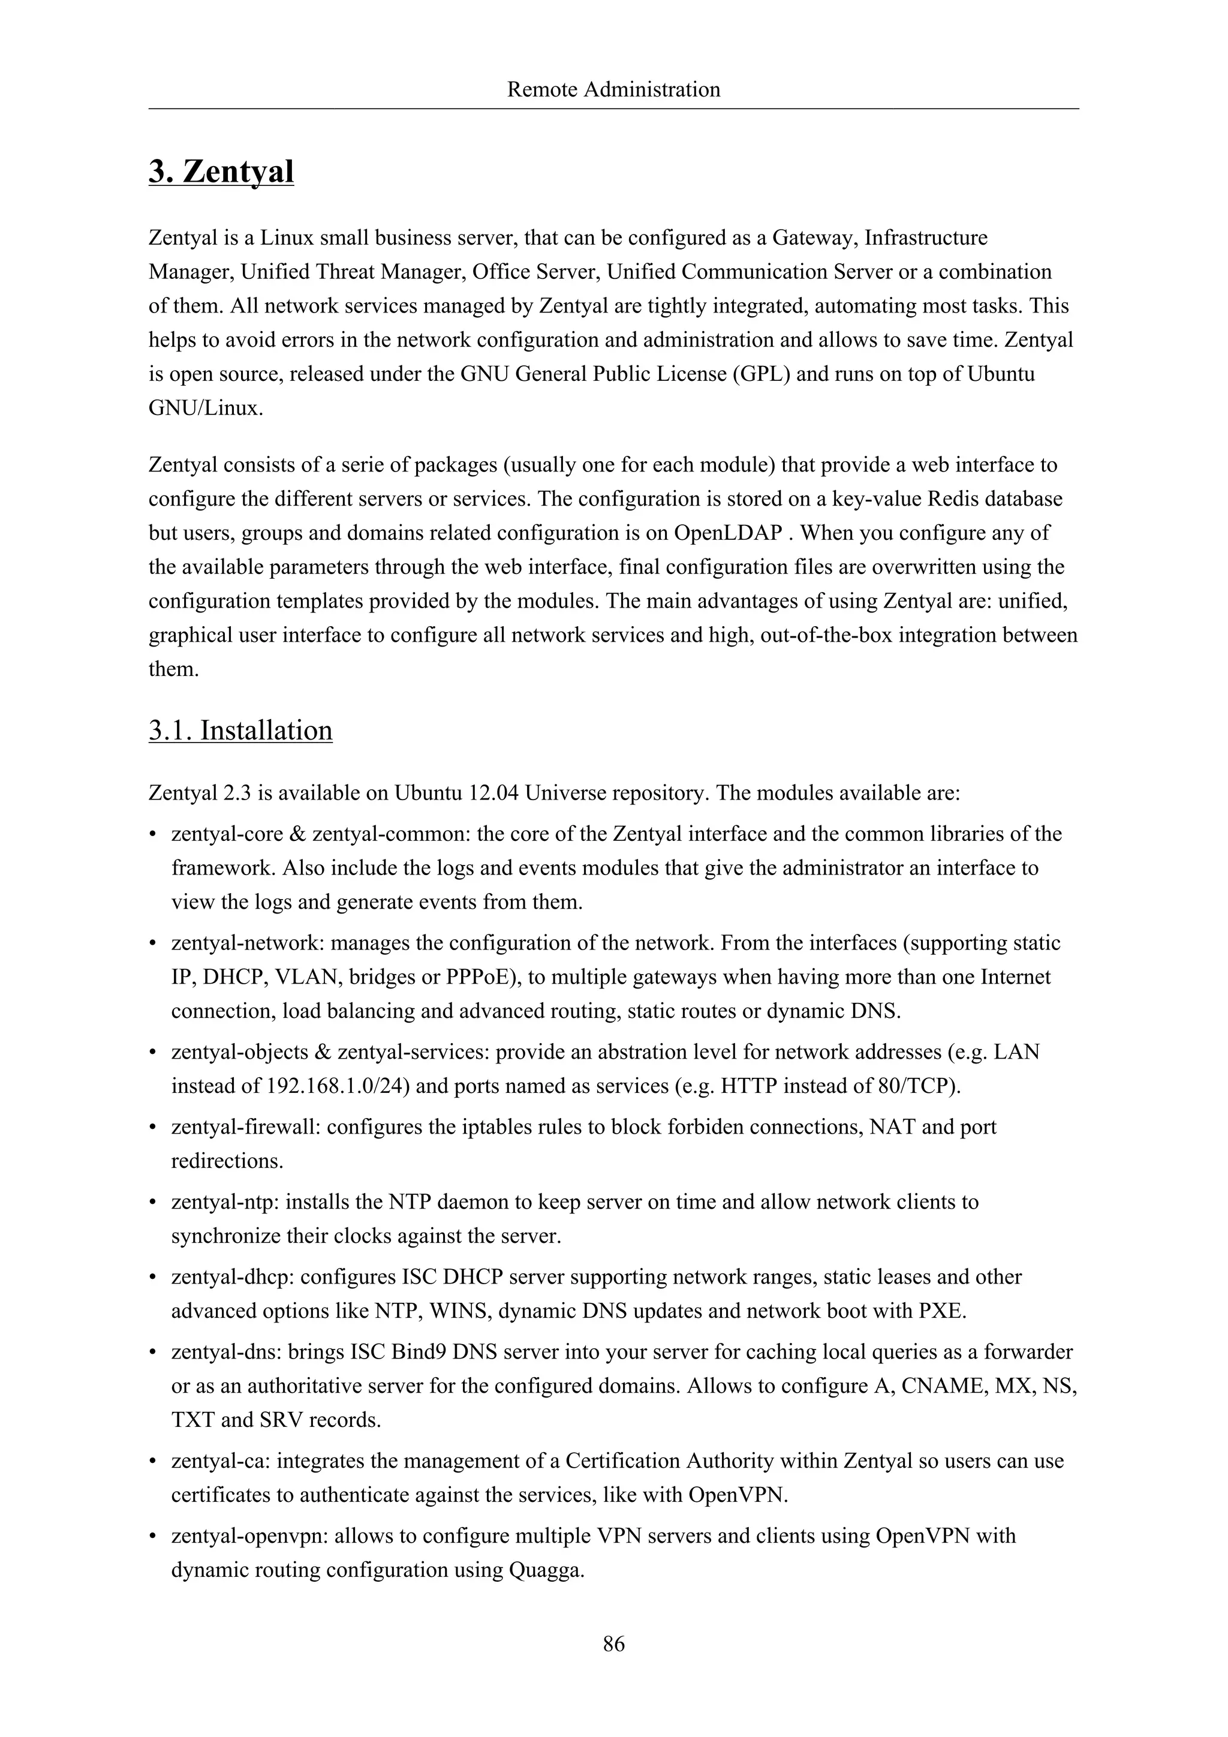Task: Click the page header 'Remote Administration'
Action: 613,90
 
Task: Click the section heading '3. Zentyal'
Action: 221,171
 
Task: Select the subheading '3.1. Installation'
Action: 240,730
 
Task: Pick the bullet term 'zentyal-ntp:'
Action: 225,1202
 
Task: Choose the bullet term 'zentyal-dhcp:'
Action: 232,1277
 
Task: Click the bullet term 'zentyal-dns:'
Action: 227,1352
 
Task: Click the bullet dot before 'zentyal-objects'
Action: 153,1053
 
